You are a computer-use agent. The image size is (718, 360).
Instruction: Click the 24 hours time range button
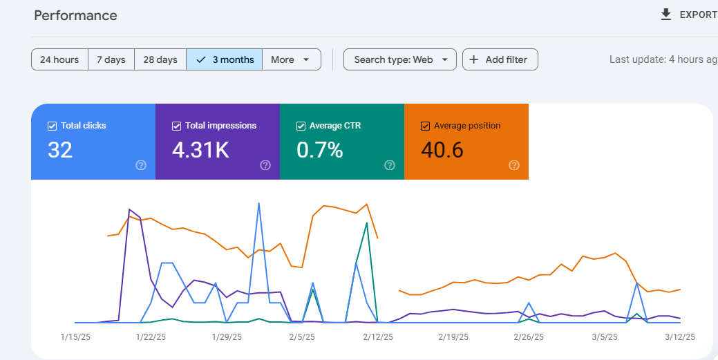click(x=59, y=59)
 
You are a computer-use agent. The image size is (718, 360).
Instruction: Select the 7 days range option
click(x=111, y=59)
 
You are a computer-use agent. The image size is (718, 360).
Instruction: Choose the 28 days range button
click(x=160, y=59)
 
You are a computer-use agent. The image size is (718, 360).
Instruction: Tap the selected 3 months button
click(x=225, y=59)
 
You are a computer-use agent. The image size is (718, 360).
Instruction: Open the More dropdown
click(x=292, y=59)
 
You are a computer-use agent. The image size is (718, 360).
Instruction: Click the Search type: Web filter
click(x=399, y=59)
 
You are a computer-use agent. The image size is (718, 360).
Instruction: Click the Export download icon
click(x=665, y=15)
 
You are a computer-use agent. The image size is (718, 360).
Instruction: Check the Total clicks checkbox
click(x=53, y=126)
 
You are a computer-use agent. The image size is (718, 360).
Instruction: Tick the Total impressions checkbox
click(x=176, y=126)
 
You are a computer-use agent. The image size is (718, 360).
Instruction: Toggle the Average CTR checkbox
click(x=301, y=126)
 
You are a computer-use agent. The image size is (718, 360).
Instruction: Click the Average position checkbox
click(x=426, y=126)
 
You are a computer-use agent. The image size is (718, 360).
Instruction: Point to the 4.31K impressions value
click(x=200, y=150)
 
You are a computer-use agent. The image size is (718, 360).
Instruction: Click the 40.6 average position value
click(x=442, y=150)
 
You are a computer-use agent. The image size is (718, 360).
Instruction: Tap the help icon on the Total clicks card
click(x=141, y=165)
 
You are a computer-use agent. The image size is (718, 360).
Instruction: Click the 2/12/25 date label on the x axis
click(x=378, y=337)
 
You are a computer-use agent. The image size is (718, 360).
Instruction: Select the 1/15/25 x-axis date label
click(x=75, y=337)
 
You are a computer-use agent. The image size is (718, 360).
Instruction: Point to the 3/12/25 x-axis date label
click(x=680, y=337)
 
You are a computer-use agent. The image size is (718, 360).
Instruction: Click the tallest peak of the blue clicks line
click(x=259, y=203)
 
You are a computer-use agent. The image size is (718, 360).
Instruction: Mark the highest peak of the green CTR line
click(x=367, y=223)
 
